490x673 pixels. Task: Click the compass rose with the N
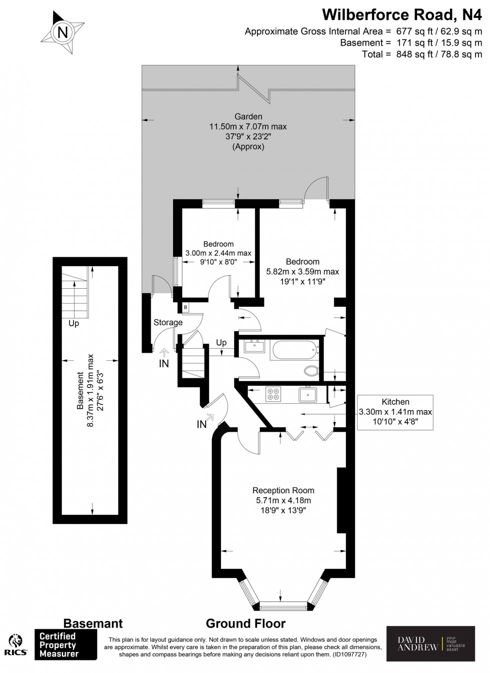[62, 33]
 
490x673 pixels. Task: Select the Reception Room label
[283, 490]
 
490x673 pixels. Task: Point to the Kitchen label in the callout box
[395, 402]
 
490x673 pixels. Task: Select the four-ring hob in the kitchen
[273, 395]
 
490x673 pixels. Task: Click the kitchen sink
[306, 395]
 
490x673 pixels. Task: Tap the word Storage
[168, 323]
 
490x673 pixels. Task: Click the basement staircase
[74, 292]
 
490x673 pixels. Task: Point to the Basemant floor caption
[92, 623]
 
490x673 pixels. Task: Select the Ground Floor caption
[245, 623]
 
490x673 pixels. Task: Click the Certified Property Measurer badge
[65, 644]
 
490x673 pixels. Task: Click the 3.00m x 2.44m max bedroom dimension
[218, 253]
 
